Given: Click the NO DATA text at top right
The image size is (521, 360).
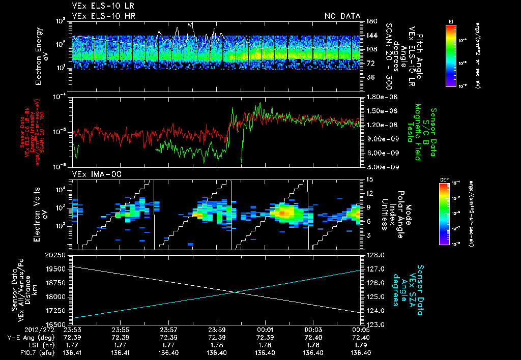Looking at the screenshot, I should click(x=342, y=16).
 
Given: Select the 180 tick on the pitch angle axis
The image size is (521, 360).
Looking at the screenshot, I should click(x=370, y=21).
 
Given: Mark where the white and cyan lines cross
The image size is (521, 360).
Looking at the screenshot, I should click(x=235, y=292).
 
